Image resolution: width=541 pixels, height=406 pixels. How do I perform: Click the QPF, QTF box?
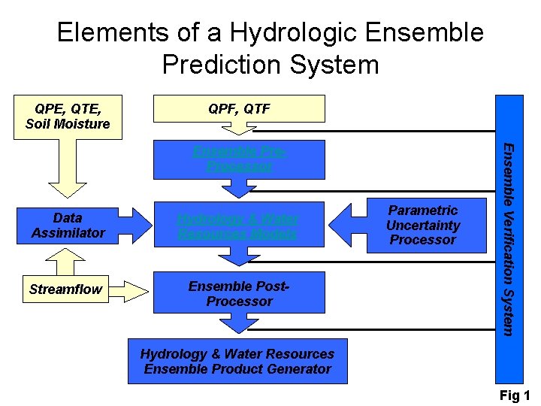click(x=239, y=109)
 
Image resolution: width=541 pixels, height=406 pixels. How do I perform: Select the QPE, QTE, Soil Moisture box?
click(x=68, y=117)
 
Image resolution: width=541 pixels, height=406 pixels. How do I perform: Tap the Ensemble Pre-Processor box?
click(x=239, y=159)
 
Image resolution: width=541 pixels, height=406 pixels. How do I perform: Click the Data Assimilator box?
click(x=68, y=226)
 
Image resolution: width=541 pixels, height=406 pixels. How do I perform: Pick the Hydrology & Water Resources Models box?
click(x=239, y=226)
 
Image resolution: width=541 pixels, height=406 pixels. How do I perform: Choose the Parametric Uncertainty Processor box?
click(x=422, y=226)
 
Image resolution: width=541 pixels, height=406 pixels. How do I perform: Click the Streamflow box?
click(x=65, y=289)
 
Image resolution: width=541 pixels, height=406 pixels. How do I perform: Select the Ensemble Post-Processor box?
click(x=239, y=293)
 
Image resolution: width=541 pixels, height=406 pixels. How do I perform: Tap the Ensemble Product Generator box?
click(x=237, y=362)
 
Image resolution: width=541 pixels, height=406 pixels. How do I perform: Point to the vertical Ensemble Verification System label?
click(x=509, y=238)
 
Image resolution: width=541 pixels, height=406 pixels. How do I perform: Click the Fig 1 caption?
click(x=515, y=395)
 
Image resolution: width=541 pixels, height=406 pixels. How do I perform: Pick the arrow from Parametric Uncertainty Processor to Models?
click(x=347, y=223)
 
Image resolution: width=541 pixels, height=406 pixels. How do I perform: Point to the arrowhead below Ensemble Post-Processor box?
click(x=239, y=324)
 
